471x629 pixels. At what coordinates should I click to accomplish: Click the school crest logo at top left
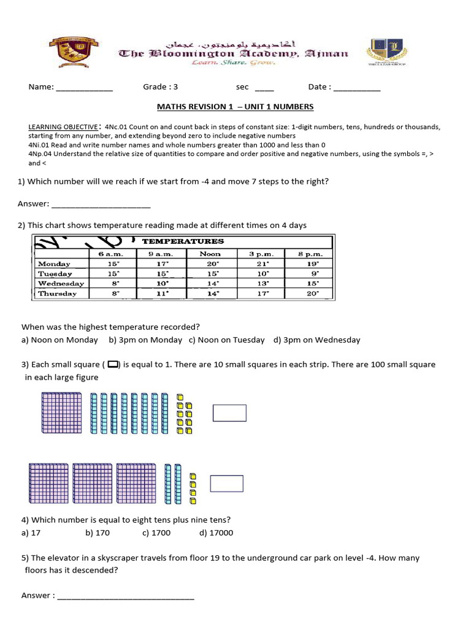click(x=75, y=52)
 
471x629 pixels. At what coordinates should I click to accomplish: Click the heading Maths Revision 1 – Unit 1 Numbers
click(x=235, y=107)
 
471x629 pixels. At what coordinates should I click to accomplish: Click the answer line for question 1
click(x=101, y=205)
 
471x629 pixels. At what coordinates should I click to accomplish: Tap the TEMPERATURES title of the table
click(x=183, y=241)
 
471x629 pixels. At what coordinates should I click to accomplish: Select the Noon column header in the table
click(x=210, y=254)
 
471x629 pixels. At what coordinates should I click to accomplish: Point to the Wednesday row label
click(x=61, y=284)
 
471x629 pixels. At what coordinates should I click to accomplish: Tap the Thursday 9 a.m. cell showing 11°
click(x=161, y=294)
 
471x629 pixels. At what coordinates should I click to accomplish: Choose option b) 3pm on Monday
click(x=145, y=340)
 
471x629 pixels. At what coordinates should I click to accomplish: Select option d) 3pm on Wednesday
click(x=316, y=340)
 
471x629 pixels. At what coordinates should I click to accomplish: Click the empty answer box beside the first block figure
click(x=229, y=413)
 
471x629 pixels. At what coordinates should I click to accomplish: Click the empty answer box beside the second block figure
click(x=226, y=483)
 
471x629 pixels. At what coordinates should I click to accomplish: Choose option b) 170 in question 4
click(x=98, y=533)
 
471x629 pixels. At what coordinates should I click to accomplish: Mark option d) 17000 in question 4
click(x=216, y=533)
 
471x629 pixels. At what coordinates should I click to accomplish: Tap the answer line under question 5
click(x=126, y=596)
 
